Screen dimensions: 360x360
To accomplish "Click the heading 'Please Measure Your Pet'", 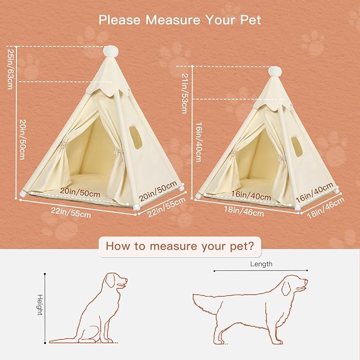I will [180, 20].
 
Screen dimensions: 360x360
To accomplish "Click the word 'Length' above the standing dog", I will [261, 264].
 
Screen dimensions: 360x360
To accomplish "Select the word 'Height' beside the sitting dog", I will [39, 305].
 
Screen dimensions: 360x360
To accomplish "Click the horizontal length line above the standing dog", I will [260, 271].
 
